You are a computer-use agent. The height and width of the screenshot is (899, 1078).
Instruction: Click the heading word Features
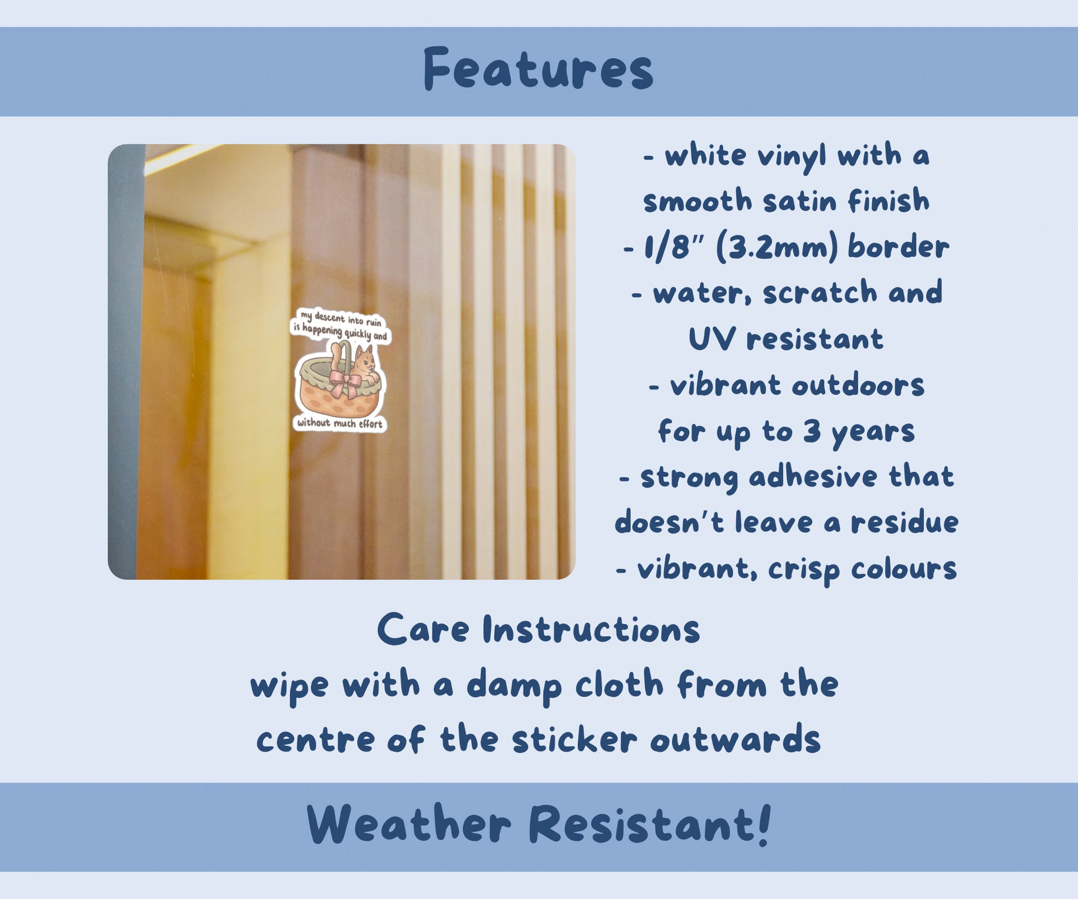pos(538,69)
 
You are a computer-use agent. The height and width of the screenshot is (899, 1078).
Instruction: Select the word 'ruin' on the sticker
pos(373,322)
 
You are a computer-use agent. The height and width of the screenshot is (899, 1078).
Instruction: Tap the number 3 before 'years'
pos(812,430)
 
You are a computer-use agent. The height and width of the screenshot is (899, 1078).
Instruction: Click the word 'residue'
pos(904,522)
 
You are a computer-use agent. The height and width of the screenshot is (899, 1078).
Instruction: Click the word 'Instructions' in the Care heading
pos(591,630)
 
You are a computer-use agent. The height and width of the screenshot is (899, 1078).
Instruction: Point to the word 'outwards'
pos(735,739)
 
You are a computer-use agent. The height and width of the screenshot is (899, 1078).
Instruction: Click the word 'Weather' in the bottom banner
pos(409,824)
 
